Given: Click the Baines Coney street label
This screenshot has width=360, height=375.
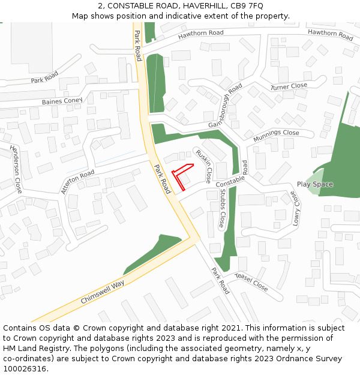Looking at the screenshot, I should click(62, 101).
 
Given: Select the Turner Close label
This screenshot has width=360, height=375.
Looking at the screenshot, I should click(289, 86).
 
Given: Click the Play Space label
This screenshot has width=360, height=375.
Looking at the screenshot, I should click(315, 184).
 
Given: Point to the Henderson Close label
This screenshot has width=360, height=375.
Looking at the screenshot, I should click(16, 169).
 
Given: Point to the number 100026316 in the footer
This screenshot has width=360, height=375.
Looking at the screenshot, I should click(25, 369).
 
